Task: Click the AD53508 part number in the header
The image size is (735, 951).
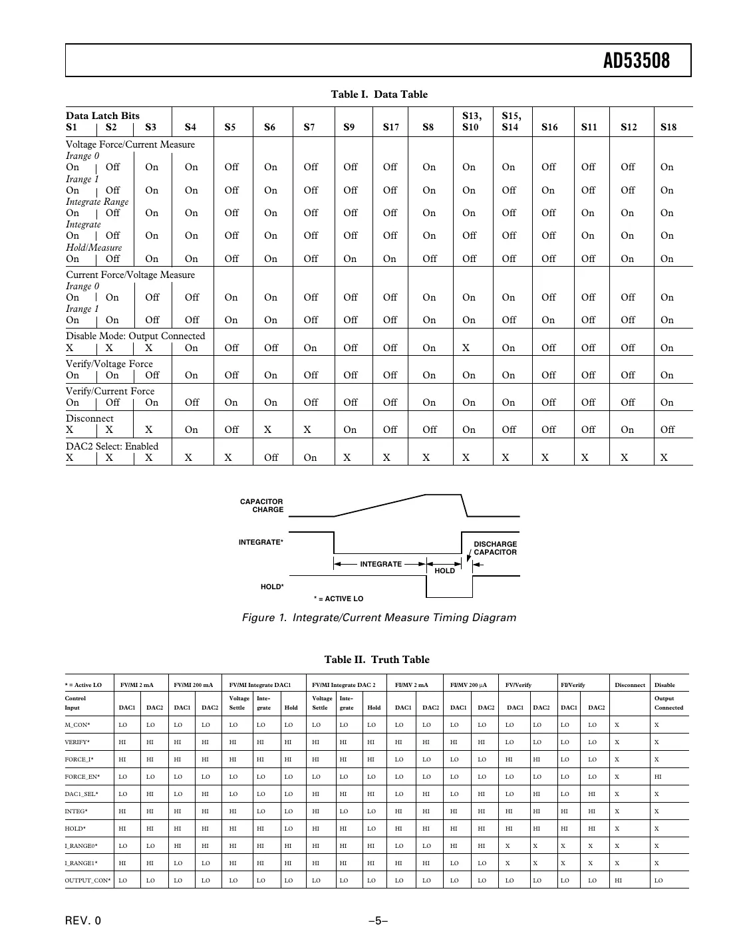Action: tap(636, 61)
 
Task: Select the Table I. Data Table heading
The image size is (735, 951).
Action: tap(379, 94)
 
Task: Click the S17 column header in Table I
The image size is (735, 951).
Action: tap(390, 127)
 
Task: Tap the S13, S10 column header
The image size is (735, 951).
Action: tap(470, 121)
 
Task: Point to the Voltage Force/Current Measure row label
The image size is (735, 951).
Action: tap(130, 144)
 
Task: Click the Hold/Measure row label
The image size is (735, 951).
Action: tap(94, 247)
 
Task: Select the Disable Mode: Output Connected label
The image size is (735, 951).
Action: tap(135, 336)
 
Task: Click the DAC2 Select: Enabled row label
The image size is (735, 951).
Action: tap(112, 446)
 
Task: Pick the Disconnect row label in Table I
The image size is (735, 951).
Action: tap(89, 418)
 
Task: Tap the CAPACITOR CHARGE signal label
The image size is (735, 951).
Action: tap(261, 505)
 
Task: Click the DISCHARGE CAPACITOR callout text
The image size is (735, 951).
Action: tap(495, 548)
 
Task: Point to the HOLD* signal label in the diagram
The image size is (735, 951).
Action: tap(271, 587)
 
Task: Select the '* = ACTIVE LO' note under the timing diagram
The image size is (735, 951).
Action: tap(339, 599)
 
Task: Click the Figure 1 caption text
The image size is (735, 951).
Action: tap(378, 618)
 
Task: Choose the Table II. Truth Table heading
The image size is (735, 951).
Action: tap(376, 660)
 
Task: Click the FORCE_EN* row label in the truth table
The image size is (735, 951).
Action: tap(79, 777)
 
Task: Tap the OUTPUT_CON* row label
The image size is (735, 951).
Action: tap(87, 881)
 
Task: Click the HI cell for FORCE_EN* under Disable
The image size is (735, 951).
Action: tap(658, 777)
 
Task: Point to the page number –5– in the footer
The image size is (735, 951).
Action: tap(378, 921)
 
